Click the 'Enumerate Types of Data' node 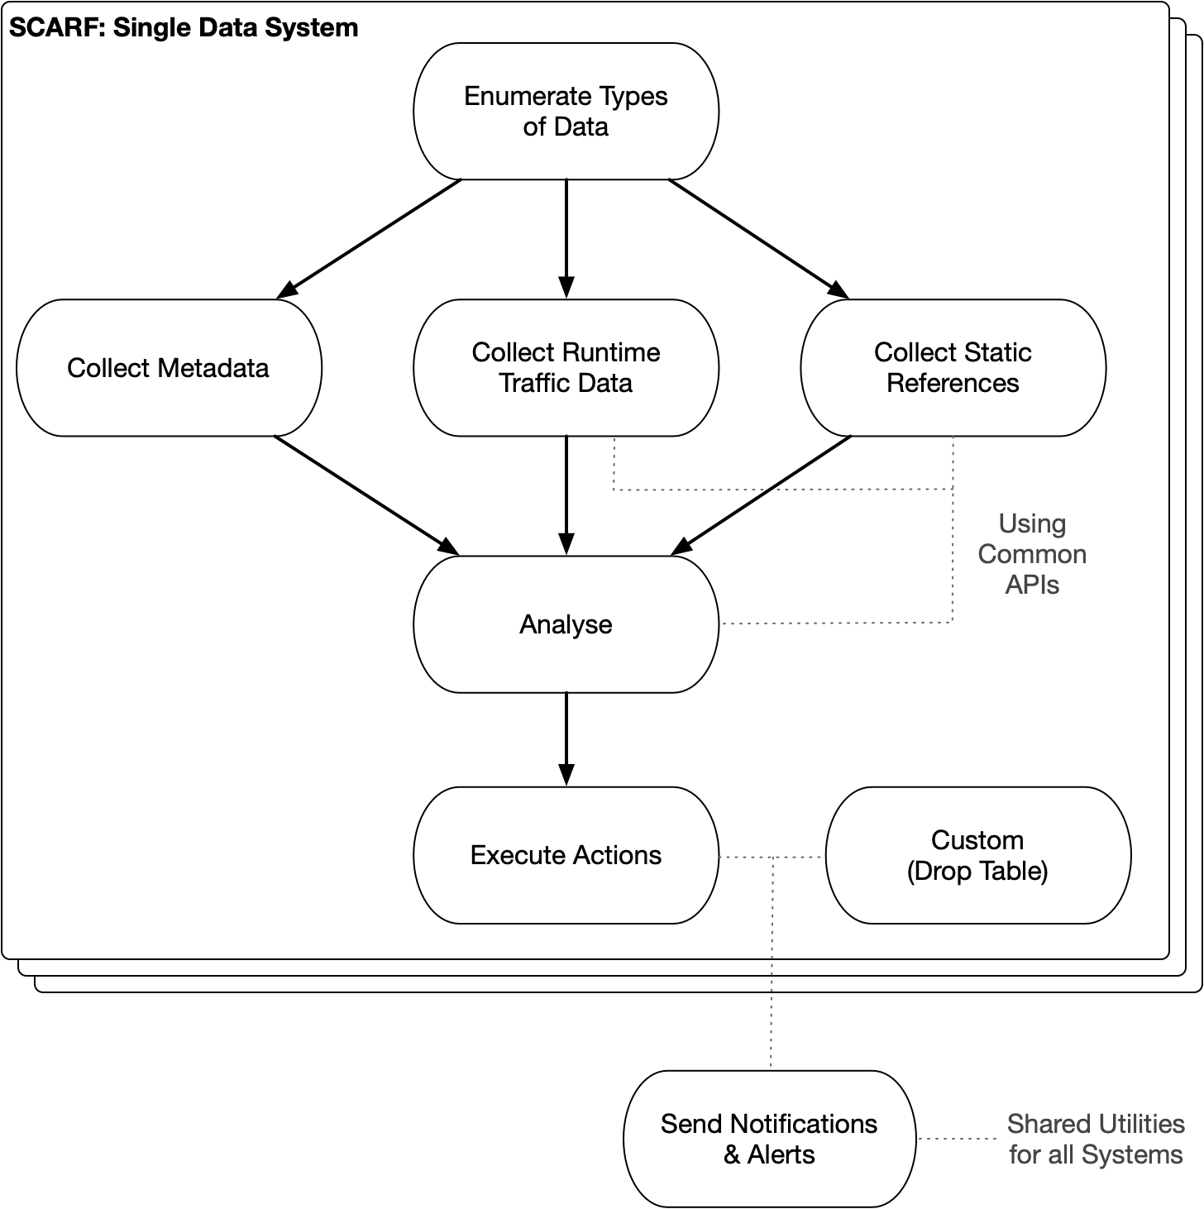click(x=566, y=112)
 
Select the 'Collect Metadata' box click(x=169, y=368)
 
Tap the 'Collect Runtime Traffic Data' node click(x=566, y=368)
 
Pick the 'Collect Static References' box click(x=953, y=368)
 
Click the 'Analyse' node click(x=566, y=624)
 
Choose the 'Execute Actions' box click(x=566, y=855)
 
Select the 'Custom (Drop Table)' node click(x=977, y=855)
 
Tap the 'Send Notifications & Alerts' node click(x=769, y=1139)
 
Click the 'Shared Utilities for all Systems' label click(x=1096, y=1139)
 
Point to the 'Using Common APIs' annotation click(x=1032, y=554)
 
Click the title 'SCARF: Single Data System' click(x=184, y=28)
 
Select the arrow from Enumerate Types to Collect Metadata click(x=369, y=238)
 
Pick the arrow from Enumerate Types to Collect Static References click(x=758, y=238)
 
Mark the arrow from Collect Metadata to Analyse click(x=366, y=495)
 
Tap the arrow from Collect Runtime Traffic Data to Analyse click(x=566, y=495)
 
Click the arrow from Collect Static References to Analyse click(x=761, y=495)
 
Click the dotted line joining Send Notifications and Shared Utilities click(x=955, y=1139)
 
